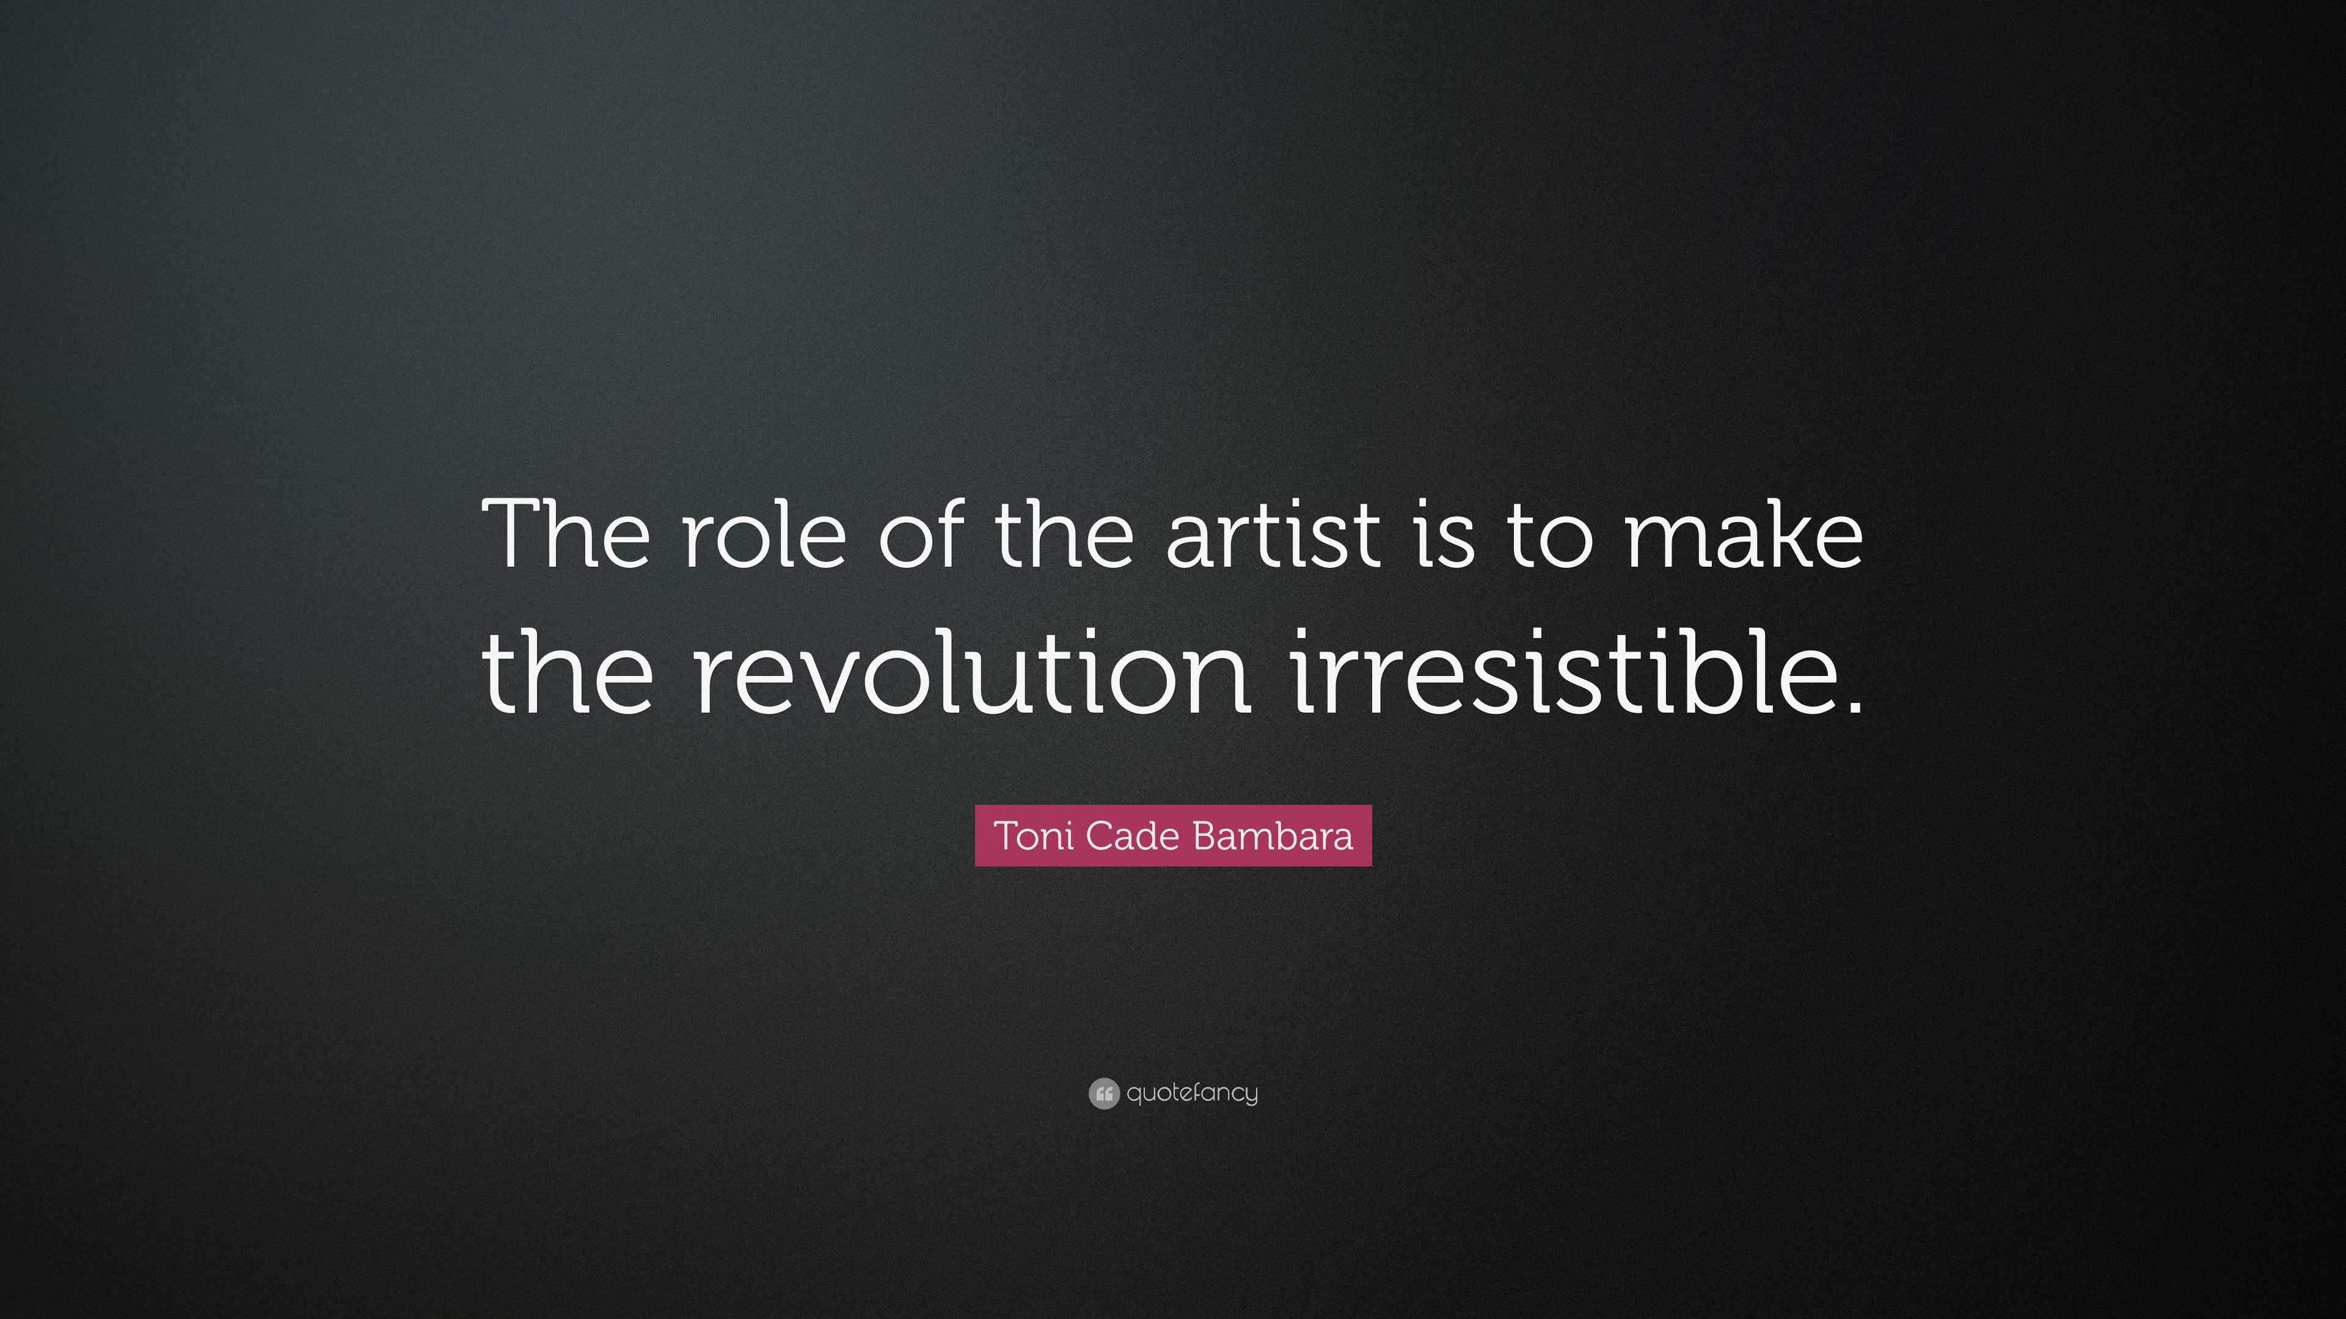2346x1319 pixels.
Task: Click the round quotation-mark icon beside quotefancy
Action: (1103, 1093)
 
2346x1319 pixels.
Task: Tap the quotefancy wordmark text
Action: (1192, 1093)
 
